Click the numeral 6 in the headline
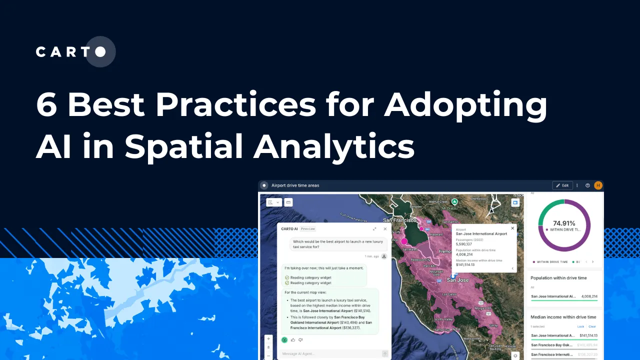[46, 105]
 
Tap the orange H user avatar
[598, 185]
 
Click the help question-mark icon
[587, 185]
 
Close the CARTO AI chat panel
[385, 229]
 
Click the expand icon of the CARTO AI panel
[374, 229]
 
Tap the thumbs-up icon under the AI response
[293, 340]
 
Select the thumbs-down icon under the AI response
[300, 340]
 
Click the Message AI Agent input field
[330, 353]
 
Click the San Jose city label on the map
[457, 280]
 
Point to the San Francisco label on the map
[399, 220]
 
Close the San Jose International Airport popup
[512, 228]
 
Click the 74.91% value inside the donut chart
[563, 223]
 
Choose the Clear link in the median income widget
[592, 326]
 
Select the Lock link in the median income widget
[580, 326]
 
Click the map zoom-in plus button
[268, 338]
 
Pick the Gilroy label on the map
[493, 325]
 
